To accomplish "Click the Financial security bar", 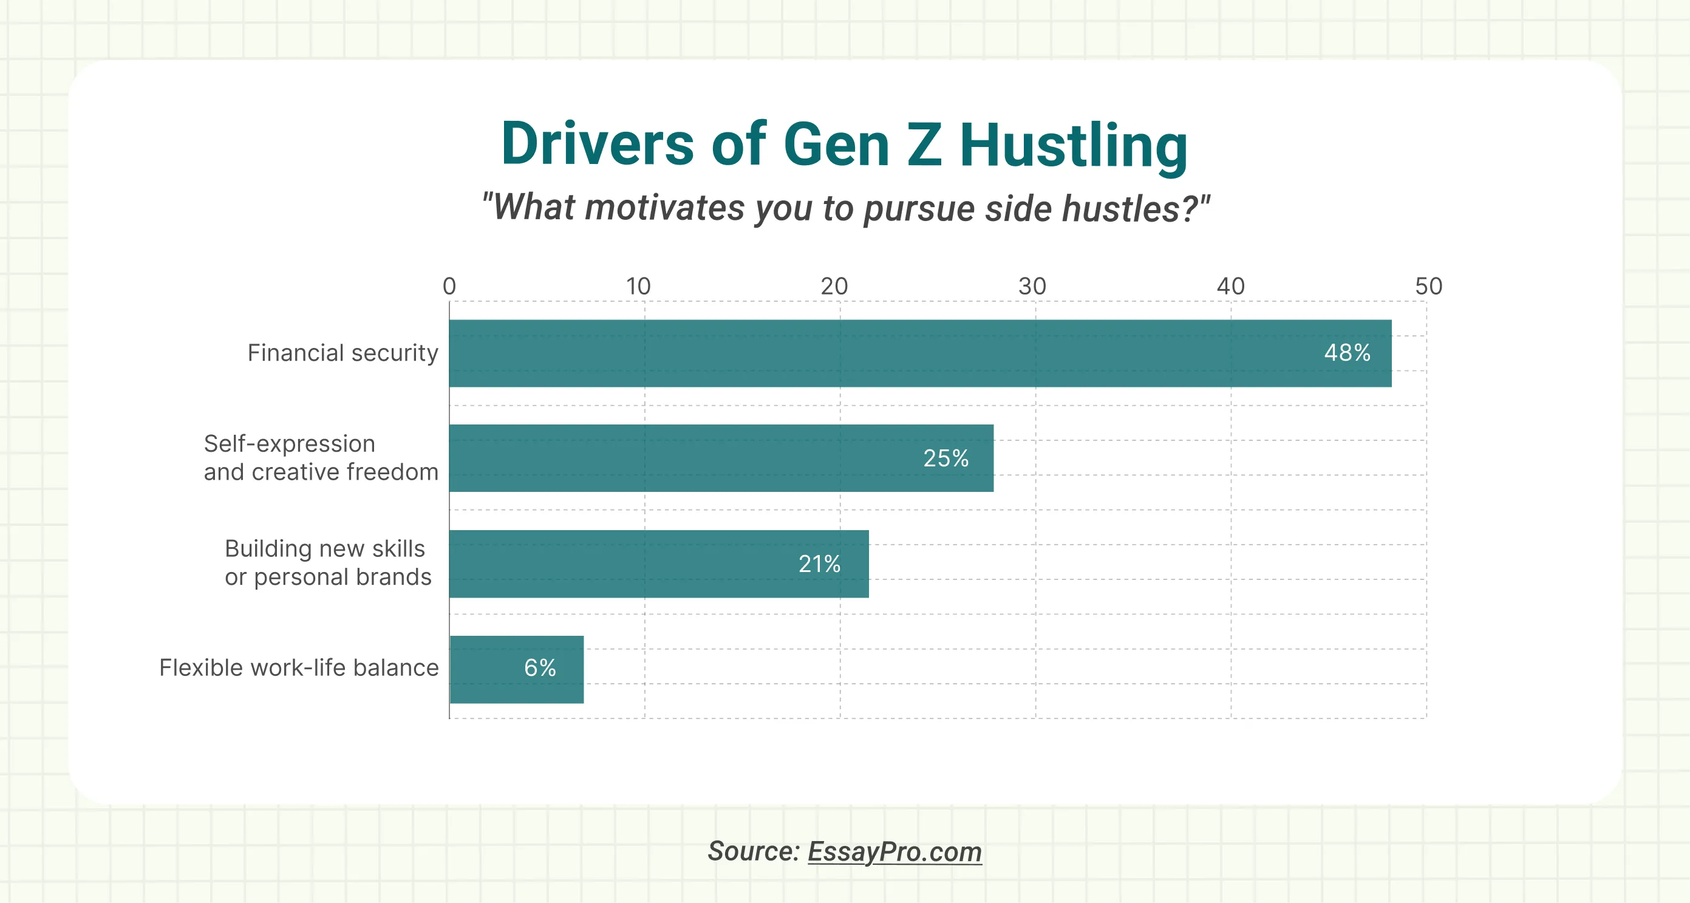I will pyautogui.click(x=918, y=353).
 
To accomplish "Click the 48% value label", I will pyautogui.click(x=1347, y=353).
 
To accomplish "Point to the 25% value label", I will pyautogui.click(x=946, y=458).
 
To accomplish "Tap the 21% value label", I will pyautogui.click(x=819, y=564).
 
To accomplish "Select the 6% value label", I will pyautogui.click(x=540, y=668).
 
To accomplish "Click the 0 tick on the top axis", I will pyautogui.click(x=449, y=286).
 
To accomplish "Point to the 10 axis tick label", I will pyautogui.click(x=638, y=286).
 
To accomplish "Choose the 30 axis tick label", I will pyautogui.click(x=1032, y=286).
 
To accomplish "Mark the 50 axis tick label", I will pyautogui.click(x=1428, y=286).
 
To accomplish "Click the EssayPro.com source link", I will pyautogui.click(x=894, y=852).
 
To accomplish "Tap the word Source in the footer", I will pyautogui.click(x=753, y=851).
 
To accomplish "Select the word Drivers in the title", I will pyautogui.click(x=597, y=145).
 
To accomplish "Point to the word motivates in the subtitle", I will pyautogui.click(x=664, y=208).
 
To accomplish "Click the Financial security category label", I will pyautogui.click(x=342, y=353).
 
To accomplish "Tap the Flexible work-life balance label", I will pyautogui.click(x=299, y=667).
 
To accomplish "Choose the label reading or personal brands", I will pyautogui.click(x=328, y=577).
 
